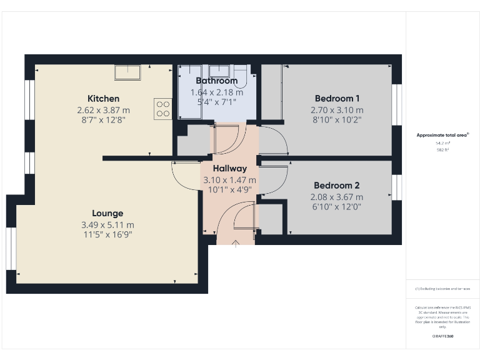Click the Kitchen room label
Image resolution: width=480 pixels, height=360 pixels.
coord(103,99)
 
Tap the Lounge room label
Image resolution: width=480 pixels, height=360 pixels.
coord(107,213)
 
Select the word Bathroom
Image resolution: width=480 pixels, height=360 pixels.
coord(216,81)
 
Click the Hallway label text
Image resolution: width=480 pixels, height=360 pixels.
coord(229,168)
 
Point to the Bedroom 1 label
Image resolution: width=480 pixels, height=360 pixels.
coord(337,98)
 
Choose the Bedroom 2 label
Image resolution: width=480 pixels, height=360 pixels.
coord(337,186)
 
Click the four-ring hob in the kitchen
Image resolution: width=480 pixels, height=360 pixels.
coord(163,109)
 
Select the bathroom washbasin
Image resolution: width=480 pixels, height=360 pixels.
coord(219,70)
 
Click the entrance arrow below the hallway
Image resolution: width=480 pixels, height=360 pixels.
coord(235,244)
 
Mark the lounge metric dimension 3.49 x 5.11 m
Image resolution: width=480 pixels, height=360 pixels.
coord(107,225)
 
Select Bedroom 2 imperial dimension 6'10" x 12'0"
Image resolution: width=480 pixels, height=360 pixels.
coord(337,206)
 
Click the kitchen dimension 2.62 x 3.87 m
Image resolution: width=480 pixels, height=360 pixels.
coord(103,109)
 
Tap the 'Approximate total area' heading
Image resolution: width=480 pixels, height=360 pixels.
coord(442,134)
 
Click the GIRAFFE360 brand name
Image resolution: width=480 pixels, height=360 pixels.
coord(442,336)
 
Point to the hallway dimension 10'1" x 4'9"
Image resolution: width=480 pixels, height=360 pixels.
coord(229,190)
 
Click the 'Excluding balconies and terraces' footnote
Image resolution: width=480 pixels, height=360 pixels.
coord(442,289)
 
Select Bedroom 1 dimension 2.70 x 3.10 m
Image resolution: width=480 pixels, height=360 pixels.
coord(337,109)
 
